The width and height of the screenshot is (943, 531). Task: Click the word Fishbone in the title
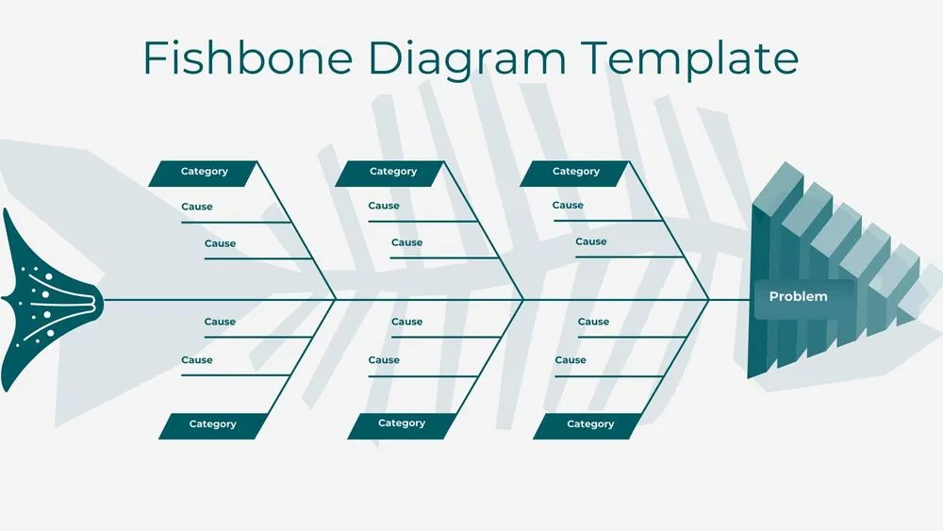(x=248, y=58)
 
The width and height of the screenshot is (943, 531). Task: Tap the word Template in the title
(x=689, y=58)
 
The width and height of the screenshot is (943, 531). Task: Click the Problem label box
(x=800, y=297)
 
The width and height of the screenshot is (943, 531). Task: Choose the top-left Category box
(x=204, y=173)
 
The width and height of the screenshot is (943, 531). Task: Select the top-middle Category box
(x=392, y=173)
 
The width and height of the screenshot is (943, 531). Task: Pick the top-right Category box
(x=575, y=173)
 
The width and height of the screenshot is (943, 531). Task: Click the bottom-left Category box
(x=212, y=424)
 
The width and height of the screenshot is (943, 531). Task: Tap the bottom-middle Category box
(x=402, y=423)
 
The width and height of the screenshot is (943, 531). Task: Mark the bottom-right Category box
(x=590, y=424)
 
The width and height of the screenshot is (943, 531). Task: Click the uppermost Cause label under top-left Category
(x=197, y=207)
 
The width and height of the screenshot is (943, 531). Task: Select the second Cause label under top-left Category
(x=221, y=243)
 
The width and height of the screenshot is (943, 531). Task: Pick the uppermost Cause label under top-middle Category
(x=384, y=206)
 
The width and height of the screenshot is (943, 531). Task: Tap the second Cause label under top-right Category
(x=591, y=241)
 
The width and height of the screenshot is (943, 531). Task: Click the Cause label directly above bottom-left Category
(x=197, y=360)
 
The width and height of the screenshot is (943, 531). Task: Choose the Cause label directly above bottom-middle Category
(x=384, y=360)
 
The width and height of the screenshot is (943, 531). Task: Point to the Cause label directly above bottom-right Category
(x=571, y=360)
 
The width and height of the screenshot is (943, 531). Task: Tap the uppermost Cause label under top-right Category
(x=568, y=205)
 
